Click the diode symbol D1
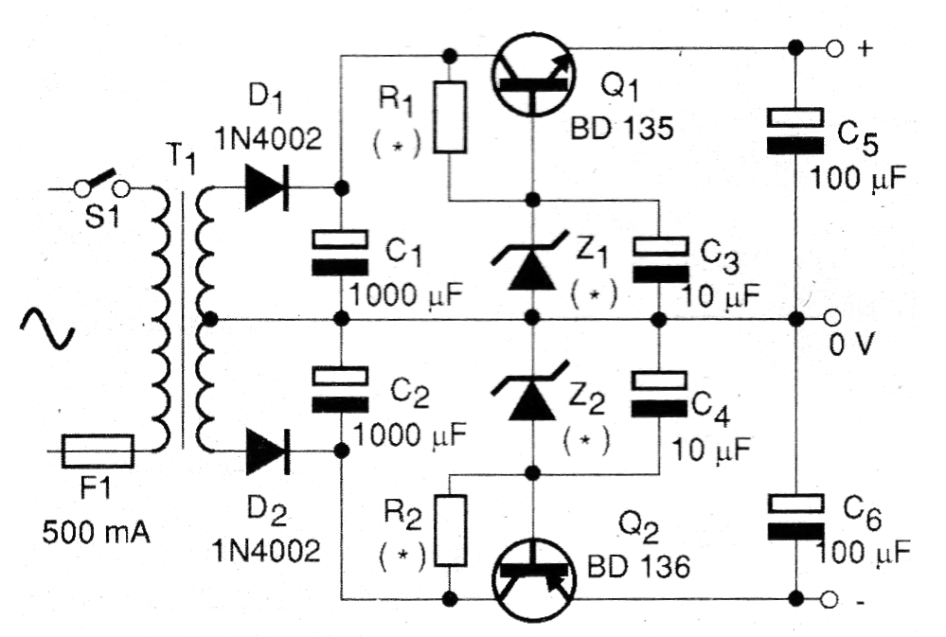click(x=267, y=188)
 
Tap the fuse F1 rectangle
click(x=98, y=451)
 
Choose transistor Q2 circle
click(x=533, y=579)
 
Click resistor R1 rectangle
click(x=450, y=117)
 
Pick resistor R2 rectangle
click(x=450, y=530)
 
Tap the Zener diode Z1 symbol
click(x=531, y=261)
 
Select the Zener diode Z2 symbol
click(x=531, y=391)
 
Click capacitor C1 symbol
click(x=340, y=253)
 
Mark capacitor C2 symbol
click(x=340, y=389)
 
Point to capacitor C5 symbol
click(x=795, y=131)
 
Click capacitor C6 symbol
click(x=795, y=517)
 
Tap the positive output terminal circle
click(x=833, y=48)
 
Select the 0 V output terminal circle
click(x=832, y=318)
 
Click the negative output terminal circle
click(x=830, y=599)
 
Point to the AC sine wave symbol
click(x=47, y=327)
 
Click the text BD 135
click(x=622, y=128)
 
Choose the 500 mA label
click(x=96, y=532)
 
